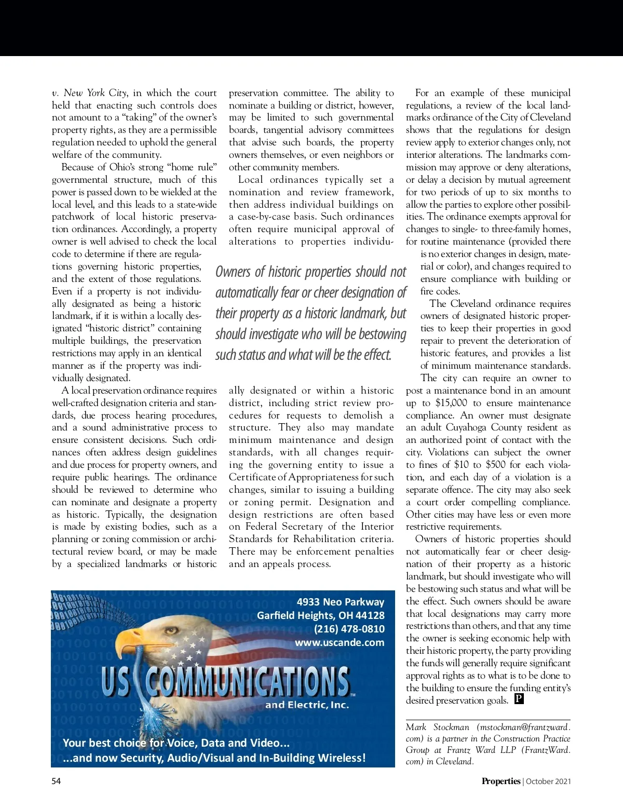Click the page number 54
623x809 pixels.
56,781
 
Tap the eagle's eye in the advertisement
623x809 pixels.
169,630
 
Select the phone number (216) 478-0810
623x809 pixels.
349,629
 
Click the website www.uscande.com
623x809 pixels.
340,642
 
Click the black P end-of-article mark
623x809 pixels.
519,699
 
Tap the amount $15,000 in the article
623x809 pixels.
451,403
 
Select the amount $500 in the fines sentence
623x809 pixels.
500,465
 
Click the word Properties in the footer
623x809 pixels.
500,781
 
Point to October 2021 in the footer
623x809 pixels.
549,781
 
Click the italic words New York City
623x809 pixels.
95,93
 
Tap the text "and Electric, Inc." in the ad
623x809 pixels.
307,705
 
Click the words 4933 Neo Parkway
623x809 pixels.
340,602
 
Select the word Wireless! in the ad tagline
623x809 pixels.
342,758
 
